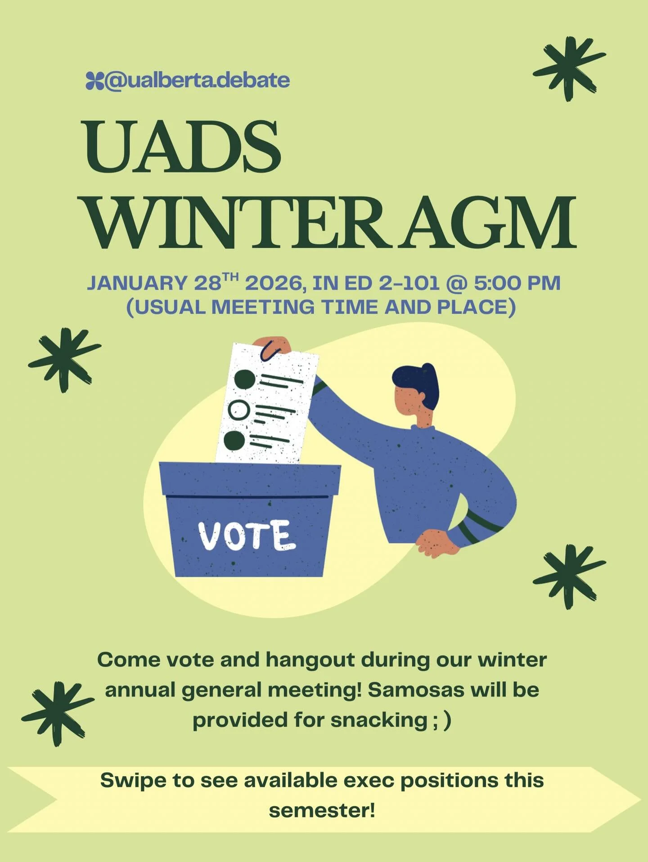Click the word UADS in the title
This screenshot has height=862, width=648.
[182, 147]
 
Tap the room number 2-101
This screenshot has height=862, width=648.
[409, 283]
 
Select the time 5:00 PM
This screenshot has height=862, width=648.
[517, 283]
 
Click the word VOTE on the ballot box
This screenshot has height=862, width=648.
[247, 535]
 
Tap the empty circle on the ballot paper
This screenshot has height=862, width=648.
[238, 410]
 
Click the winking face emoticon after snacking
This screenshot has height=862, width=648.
[441, 720]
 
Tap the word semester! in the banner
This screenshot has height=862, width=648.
[322, 811]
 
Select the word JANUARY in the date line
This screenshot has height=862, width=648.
[137, 283]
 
